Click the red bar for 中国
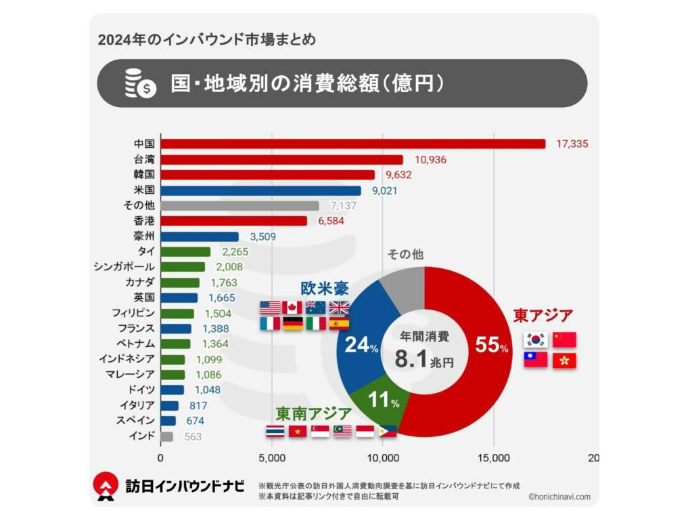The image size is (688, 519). [352, 144]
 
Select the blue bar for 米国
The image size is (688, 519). [260, 190]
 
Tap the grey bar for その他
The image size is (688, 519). [239, 205]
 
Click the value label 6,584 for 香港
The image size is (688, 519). [331, 221]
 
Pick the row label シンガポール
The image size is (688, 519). [124, 267]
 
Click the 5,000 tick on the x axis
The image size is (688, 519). [272, 458]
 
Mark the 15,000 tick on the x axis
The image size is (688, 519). [494, 458]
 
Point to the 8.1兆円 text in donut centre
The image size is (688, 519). [423, 360]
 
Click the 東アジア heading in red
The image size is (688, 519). [543, 316]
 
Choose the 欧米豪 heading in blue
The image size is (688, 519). [325, 287]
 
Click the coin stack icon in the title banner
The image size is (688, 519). [140, 84]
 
